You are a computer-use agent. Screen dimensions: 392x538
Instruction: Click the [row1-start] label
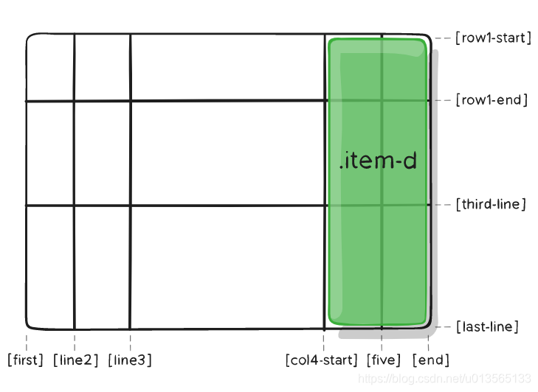tap(493, 38)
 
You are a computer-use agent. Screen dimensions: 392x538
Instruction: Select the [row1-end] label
tap(492, 99)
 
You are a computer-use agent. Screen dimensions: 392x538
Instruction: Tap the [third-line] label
tap(491, 204)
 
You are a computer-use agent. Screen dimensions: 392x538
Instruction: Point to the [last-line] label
tap(487, 326)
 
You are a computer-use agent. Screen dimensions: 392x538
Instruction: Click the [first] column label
tap(25, 360)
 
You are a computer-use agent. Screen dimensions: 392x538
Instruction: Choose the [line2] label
tap(75, 360)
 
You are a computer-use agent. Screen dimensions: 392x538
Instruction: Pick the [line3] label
tap(130, 360)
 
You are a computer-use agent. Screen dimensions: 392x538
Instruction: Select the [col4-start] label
tap(322, 360)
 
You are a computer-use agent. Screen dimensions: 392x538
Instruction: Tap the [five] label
tap(383, 360)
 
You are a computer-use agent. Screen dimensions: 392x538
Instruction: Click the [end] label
tap(430, 360)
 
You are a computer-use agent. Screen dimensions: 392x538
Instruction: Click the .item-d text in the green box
tap(378, 161)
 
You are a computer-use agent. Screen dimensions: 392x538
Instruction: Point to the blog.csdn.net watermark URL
tap(444, 378)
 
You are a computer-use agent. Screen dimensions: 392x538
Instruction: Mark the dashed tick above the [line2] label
tap(75, 341)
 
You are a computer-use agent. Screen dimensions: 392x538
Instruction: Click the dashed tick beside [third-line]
tap(443, 204)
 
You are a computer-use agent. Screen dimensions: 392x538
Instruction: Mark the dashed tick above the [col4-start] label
tap(323, 341)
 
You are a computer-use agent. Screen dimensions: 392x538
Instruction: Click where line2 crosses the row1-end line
tap(75, 101)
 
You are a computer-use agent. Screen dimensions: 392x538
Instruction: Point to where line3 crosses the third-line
tap(130, 206)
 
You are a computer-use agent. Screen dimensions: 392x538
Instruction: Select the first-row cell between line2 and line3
tap(102, 67)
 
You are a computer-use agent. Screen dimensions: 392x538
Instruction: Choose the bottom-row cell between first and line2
tap(50, 267)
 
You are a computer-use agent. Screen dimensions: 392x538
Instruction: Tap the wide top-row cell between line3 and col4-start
tap(227, 67)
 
